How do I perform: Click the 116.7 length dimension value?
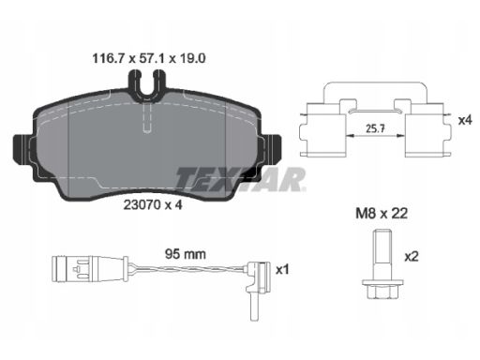click(109, 58)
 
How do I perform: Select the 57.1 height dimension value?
click(152, 58)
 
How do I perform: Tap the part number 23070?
click(142, 205)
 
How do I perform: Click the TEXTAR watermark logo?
click(240, 179)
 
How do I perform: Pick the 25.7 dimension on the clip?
click(375, 128)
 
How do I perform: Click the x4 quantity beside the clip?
click(465, 120)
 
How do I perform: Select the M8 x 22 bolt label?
click(382, 214)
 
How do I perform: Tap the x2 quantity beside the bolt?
click(412, 257)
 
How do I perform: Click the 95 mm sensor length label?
click(186, 254)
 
